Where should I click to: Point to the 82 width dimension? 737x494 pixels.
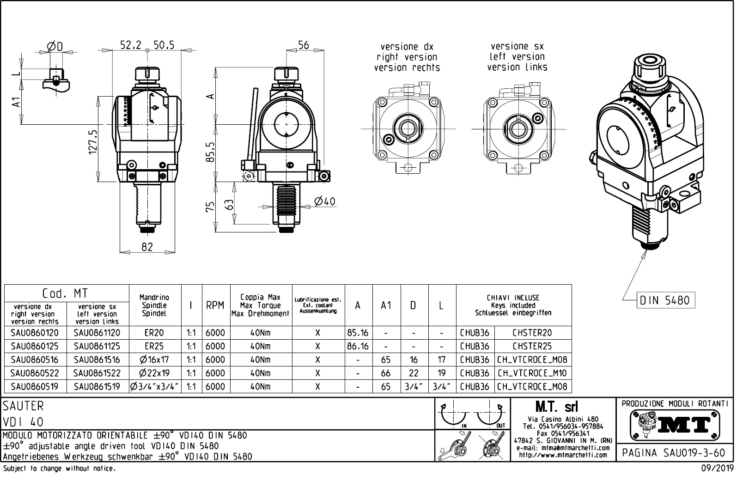pyautogui.click(x=147, y=247)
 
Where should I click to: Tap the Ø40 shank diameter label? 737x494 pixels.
pyautogui.click(x=324, y=201)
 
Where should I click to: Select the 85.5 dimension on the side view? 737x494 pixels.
pyautogui.click(x=210, y=152)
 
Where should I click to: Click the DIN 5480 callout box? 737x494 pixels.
pyautogui.click(x=665, y=300)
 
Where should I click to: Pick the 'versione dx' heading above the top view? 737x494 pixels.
pyautogui.click(x=407, y=47)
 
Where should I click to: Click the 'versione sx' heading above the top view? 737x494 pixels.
pyautogui.click(x=517, y=46)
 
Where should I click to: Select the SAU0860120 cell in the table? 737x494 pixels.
pyautogui.click(x=35, y=333)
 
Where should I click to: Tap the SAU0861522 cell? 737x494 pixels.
pyautogui.click(x=97, y=373)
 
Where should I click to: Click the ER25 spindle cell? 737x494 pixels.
pyautogui.click(x=154, y=346)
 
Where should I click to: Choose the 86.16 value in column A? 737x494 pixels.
pyautogui.click(x=358, y=346)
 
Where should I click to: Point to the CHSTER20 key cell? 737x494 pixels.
pyautogui.click(x=532, y=333)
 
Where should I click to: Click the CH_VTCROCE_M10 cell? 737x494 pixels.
pyautogui.click(x=532, y=373)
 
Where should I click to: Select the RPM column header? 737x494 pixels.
pyautogui.click(x=215, y=305)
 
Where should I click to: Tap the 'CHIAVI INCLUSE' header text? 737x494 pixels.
pyautogui.click(x=513, y=298)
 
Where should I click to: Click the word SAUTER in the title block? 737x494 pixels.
pyautogui.click(x=24, y=406)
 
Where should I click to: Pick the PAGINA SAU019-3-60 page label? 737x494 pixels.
pyautogui.click(x=674, y=453)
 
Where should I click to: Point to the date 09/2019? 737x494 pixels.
pyautogui.click(x=717, y=468)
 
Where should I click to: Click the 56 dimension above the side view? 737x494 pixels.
pyautogui.click(x=303, y=45)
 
